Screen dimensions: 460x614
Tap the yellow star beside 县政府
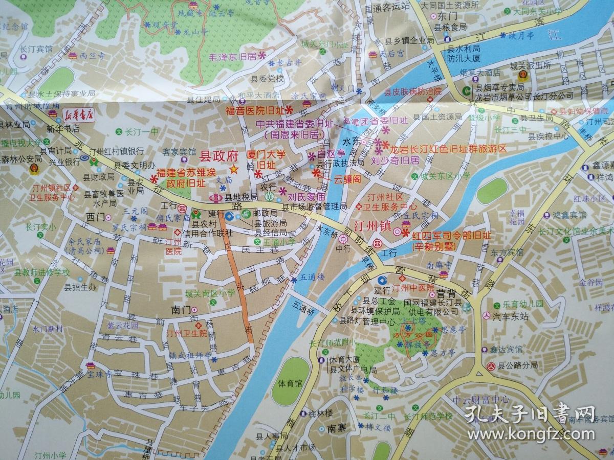click(233, 168)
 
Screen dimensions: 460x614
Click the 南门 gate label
click(181, 310)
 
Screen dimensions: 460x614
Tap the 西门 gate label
click(95, 216)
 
